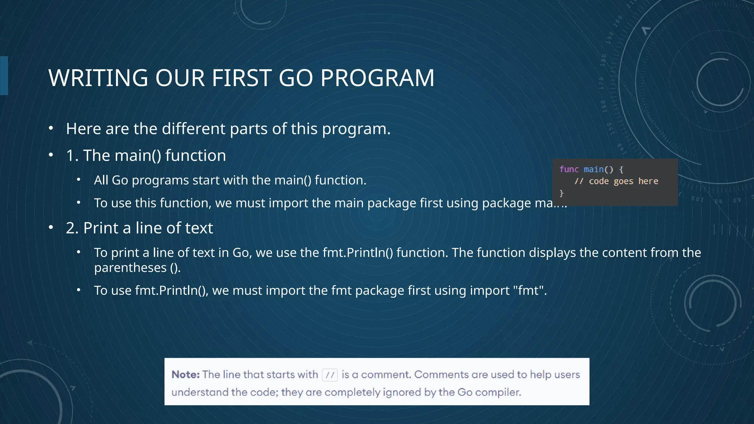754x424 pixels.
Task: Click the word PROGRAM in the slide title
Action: pyautogui.click(x=377, y=78)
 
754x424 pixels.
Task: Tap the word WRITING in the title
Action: pyautogui.click(x=98, y=78)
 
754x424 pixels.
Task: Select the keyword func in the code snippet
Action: pyautogui.click(x=569, y=169)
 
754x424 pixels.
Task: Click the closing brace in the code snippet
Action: pyautogui.click(x=561, y=193)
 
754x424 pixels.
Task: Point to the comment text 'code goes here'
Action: pyautogui.click(x=623, y=181)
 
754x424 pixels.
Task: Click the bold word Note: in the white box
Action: pyautogui.click(x=186, y=375)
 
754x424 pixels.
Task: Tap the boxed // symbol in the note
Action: pyautogui.click(x=330, y=375)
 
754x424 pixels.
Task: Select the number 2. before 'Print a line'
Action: pyautogui.click(x=72, y=228)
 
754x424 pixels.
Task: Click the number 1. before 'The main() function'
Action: pyautogui.click(x=72, y=156)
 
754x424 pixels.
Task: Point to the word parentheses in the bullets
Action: pyautogui.click(x=130, y=268)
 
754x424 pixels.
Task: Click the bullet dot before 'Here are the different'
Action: pyautogui.click(x=51, y=128)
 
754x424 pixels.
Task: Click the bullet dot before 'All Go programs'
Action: pyautogui.click(x=78, y=180)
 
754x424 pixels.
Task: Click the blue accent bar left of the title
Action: pyautogui.click(x=4, y=75)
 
